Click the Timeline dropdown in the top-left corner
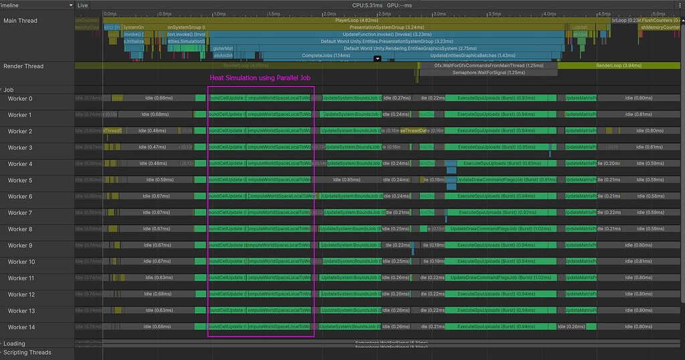37,5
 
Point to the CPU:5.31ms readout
367,5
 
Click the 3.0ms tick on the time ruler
439,13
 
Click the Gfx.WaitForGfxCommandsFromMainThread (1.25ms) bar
488,66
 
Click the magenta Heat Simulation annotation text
260,78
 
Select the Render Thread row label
23,66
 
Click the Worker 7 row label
20,213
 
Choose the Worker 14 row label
21,327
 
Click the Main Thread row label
21,21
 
